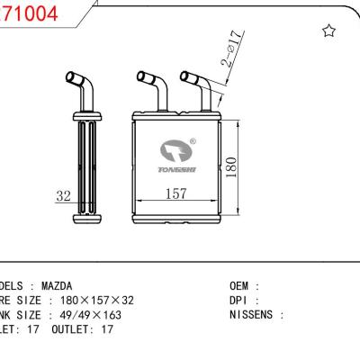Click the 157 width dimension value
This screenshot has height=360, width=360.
pyautogui.click(x=176, y=193)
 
